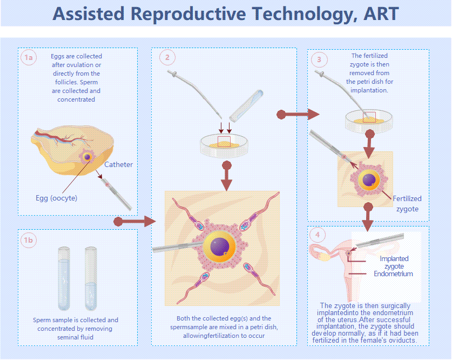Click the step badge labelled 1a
(28, 57)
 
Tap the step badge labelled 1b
(28, 239)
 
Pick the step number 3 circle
(319, 59)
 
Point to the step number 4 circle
(319, 235)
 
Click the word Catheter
(118, 164)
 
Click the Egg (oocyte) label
(56, 198)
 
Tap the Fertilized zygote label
(407, 204)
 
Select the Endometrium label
(393, 274)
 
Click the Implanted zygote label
(394, 262)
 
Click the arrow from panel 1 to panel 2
(135, 222)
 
